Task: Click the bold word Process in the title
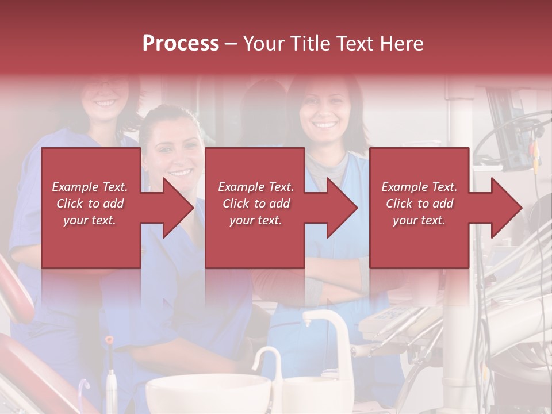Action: coord(181,44)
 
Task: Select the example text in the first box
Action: coord(90,204)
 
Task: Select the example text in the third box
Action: coord(419,204)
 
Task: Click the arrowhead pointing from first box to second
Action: coord(178,208)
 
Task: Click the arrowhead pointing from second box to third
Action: coord(342,208)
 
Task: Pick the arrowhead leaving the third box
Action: coord(506,208)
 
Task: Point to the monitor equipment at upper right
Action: coord(509,129)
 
